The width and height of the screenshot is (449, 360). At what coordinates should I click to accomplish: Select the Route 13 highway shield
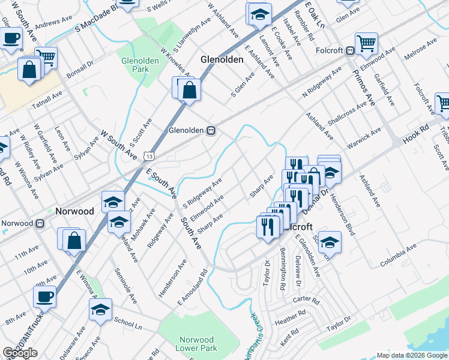coord(148,157)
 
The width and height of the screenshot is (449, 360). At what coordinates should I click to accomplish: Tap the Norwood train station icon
coord(40,223)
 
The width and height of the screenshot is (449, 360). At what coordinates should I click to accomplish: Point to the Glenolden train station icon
coord(211,131)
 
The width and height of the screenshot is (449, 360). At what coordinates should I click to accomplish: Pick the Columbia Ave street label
coord(398,256)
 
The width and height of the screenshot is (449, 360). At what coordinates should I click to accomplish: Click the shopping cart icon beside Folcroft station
coord(366,43)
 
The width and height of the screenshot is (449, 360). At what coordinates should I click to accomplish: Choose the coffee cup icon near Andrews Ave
coord(11,38)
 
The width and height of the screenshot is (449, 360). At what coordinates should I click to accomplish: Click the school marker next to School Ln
coord(100,309)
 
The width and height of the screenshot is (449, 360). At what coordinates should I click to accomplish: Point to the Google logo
coord(20,353)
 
